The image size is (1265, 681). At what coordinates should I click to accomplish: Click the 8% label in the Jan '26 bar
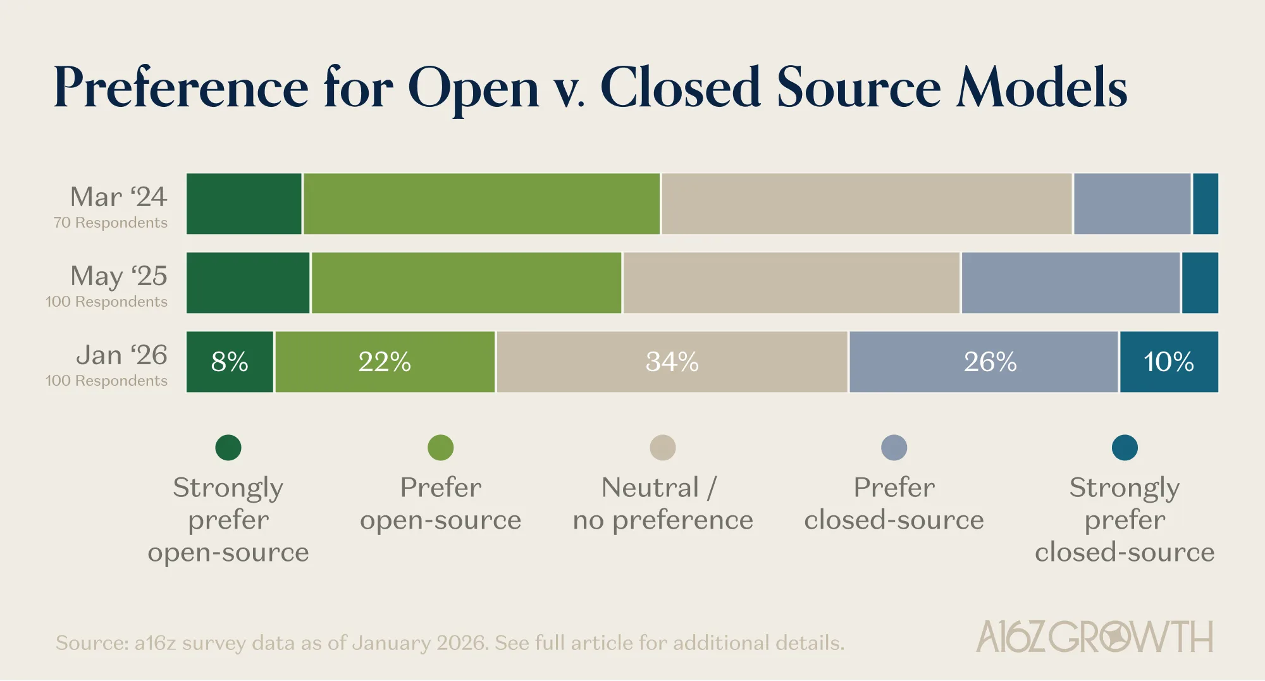pos(230,362)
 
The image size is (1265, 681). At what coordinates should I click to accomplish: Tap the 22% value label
pos(385,362)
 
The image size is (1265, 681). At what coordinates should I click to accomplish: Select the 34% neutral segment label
pos(672,362)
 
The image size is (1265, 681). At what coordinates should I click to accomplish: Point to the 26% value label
pos(990,362)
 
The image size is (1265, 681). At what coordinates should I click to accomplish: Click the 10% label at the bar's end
pos(1168,362)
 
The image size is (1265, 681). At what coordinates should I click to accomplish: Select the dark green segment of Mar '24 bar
pos(244,204)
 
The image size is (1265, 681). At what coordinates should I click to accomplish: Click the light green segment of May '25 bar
pos(466,283)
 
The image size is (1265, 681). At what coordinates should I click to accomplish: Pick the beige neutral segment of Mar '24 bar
pos(867,204)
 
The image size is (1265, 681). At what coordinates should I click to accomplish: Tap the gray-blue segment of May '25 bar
pos(1070,283)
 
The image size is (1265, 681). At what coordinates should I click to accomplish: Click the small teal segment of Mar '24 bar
pos(1205,204)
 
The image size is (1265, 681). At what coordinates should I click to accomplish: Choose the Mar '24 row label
pos(118,197)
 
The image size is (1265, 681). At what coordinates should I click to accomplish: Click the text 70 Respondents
pos(111,223)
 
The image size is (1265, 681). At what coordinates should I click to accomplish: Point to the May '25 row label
pos(118,276)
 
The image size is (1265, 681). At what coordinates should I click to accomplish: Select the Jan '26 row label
pos(121,355)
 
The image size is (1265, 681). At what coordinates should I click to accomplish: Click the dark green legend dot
pos(228,448)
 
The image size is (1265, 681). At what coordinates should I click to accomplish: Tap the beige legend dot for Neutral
pos(662,448)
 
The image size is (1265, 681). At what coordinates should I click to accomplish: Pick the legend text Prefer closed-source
pos(894,504)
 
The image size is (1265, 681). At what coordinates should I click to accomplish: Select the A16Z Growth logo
pos(1094,637)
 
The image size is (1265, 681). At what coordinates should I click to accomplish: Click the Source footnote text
pos(450,643)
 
